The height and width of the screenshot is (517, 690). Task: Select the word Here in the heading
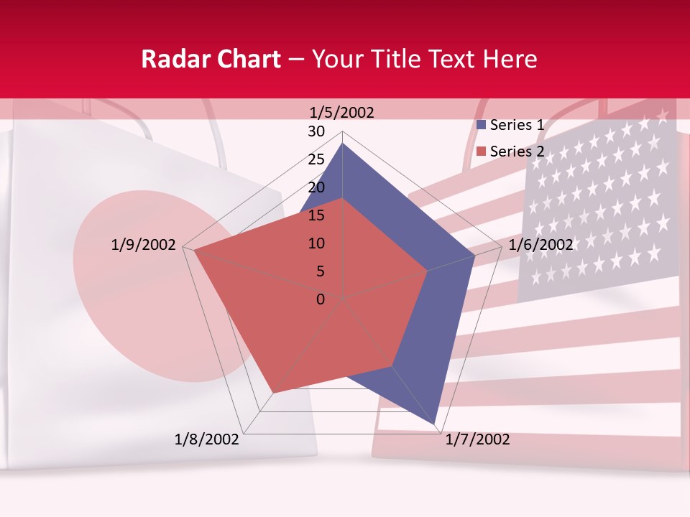510,59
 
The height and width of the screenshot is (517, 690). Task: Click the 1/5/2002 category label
341,112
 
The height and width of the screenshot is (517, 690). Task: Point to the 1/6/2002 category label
540,245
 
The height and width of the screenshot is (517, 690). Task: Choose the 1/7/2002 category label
477,439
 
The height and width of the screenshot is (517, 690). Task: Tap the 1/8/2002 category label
207,439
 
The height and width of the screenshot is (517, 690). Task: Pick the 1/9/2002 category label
144,245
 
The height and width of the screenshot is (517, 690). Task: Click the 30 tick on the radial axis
316,131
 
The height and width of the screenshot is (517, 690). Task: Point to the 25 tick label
316,159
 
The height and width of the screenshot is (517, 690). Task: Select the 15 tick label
316,215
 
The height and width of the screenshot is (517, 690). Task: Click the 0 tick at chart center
321,299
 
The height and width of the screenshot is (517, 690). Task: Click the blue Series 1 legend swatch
482,125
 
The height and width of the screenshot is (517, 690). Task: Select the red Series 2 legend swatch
482,151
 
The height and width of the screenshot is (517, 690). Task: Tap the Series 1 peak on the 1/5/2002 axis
343,144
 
